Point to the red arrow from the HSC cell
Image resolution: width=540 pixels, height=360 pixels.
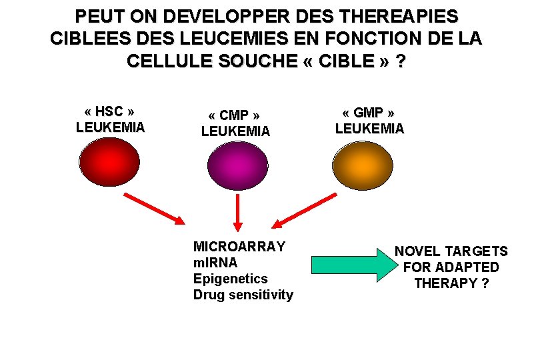[x=154, y=208]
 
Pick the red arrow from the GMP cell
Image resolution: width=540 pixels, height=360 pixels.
[x=306, y=211]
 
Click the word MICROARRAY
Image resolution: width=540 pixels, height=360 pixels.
[x=239, y=247]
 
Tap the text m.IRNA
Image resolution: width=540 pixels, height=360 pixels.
[x=215, y=263]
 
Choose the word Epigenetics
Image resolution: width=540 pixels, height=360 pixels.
[x=230, y=279]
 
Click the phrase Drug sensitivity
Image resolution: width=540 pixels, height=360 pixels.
[x=243, y=295]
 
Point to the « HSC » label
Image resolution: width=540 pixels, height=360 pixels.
[x=111, y=111]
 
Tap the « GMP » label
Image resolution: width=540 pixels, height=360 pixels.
[x=369, y=112]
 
